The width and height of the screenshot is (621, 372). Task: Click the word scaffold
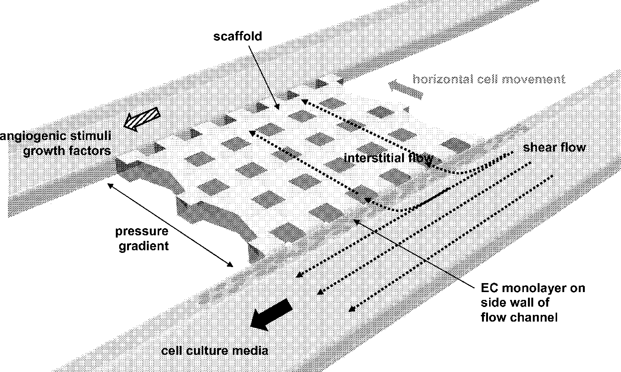point(238,36)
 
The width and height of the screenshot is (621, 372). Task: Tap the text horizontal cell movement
point(489,79)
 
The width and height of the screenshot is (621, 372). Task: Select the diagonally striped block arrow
point(142,118)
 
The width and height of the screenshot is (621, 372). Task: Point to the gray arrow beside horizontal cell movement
point(405,89)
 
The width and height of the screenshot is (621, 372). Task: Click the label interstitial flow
point(389,158)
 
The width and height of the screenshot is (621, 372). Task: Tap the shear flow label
point(554,148)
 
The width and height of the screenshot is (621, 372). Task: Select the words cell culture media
point(214,351)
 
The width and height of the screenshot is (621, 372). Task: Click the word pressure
point(142,231)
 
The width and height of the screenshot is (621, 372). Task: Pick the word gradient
point(144,246)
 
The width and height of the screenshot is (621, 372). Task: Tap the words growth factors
point(67,151)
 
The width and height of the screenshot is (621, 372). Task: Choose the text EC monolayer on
point(533,288)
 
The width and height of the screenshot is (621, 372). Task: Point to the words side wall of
point(515,303)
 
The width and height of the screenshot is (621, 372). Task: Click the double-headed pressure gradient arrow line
point(170,224)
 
